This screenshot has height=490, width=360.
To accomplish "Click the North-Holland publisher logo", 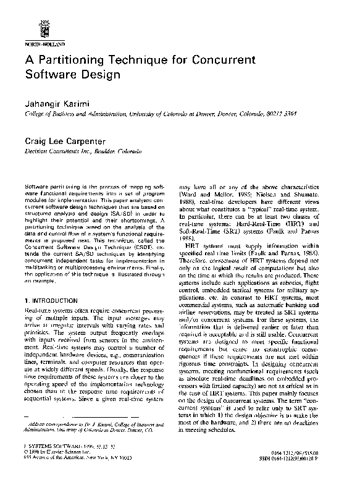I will [x=43, y=28].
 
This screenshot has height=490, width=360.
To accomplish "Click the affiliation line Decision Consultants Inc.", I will [x=57, y=151].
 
